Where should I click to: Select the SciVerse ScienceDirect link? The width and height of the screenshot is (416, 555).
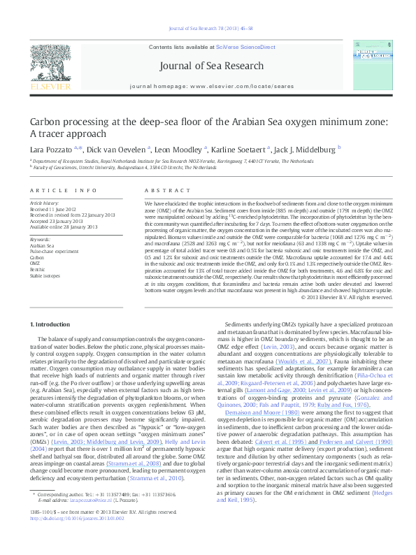coord(238,47)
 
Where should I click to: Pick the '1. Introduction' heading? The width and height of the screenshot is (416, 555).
coord(52,325)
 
